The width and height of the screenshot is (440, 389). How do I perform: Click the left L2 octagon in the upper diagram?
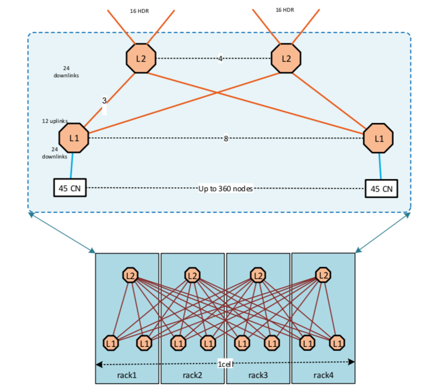pos(141,58)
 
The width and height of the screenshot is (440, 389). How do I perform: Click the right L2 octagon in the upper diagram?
pos(286,58)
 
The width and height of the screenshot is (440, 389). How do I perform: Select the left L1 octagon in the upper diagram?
pos(74,138)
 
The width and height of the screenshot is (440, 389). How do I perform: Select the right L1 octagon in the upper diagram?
pos(378,138)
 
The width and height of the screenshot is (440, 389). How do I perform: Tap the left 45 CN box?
pos(70,188)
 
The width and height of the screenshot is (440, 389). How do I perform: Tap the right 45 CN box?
pos(382,188)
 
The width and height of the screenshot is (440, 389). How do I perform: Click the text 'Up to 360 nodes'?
pos(226,188)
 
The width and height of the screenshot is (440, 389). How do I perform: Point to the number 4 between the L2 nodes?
pos(221,58)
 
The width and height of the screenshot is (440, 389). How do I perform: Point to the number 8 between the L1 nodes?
pos(226,138)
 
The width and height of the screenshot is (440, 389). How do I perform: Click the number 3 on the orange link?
pos(104,101)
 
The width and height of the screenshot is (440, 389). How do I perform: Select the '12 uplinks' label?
pos(55,121)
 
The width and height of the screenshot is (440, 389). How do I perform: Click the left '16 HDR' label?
pos(139,11)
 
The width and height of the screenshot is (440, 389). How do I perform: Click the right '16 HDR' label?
pos(285,9)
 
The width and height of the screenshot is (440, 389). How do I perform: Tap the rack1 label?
pos(127,376)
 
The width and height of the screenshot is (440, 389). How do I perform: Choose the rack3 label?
pos(258,376)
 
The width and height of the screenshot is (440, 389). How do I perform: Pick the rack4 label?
pos(323,376)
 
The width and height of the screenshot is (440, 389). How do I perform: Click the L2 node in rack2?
pos(192,275)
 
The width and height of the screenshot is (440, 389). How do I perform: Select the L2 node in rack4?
pos(323,275)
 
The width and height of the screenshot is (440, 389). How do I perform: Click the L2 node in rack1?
pos(131,275)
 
